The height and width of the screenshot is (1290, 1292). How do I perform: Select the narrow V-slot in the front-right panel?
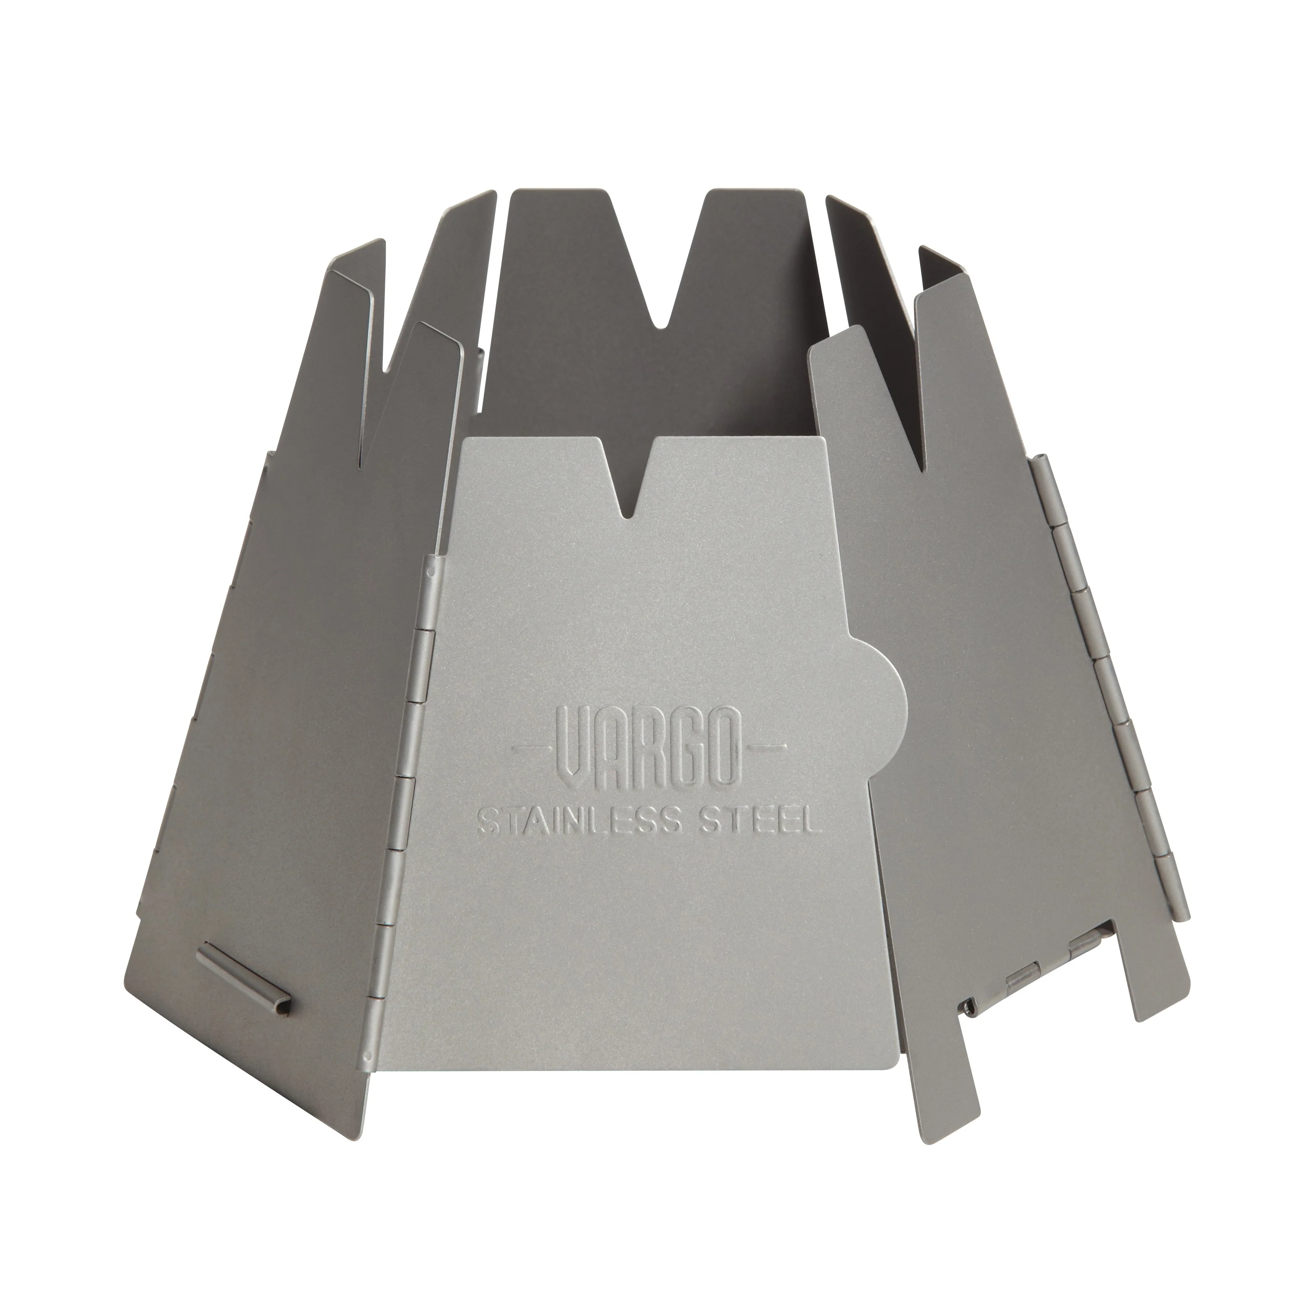921,415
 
